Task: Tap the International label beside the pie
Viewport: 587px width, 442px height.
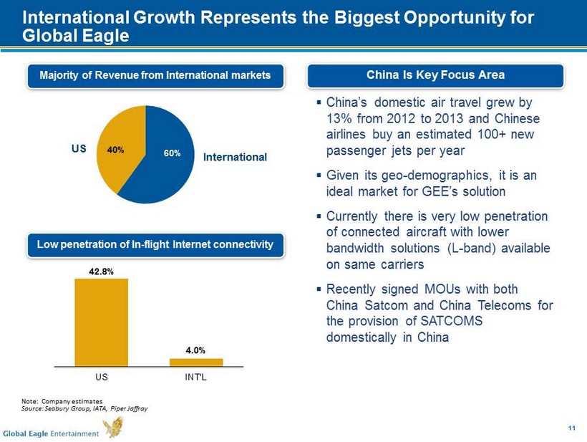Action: point(235,156)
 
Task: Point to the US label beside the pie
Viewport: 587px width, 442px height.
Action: point(79,150)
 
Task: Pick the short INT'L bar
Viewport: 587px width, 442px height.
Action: point(196,362)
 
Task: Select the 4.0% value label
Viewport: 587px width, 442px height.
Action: point(196,350)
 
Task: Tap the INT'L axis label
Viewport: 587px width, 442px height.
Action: point(196,376)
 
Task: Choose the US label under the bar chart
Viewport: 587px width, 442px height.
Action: point(101,376)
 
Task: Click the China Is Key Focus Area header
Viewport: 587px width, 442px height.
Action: point(436,75)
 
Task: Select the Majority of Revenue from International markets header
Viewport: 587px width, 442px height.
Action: point(155,75)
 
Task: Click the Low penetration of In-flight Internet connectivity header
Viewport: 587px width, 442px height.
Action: point(155,245)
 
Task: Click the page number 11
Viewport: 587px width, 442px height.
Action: point(571,428)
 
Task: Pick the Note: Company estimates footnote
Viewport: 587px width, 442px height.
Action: point(63,400)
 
